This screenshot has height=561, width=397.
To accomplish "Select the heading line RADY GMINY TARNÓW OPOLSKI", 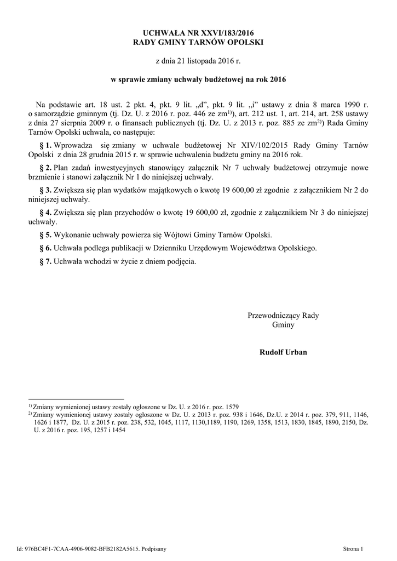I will tap(199, 42).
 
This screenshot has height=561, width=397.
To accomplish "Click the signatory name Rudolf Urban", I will tap(283, 352).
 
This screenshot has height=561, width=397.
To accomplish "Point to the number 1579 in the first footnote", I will tap(232, 407).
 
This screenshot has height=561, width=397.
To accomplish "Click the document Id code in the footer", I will tap(87, 548).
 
